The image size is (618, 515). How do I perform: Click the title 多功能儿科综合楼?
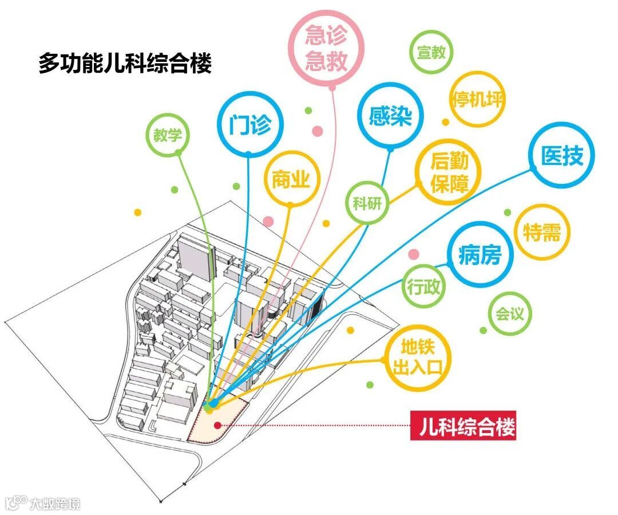coord(125,63)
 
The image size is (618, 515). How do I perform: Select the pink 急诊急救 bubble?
coord(326,49)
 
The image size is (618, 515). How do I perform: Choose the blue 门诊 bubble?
coord(249,124)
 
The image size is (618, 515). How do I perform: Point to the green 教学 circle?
coord(167,135)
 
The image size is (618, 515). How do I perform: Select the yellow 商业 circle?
coord(291,180)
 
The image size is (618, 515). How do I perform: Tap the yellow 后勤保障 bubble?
coord(449,171)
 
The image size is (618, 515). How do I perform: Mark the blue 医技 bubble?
coord(561,156)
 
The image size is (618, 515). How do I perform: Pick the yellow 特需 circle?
coord(542,233)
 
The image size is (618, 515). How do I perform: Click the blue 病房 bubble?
coord(480,254)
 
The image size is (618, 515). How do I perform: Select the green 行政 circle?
coord(424,286)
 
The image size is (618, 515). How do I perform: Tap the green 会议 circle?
coord(510,314)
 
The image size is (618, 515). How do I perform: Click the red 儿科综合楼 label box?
coord(463,427)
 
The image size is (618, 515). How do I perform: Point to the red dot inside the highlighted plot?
coord(217,425)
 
